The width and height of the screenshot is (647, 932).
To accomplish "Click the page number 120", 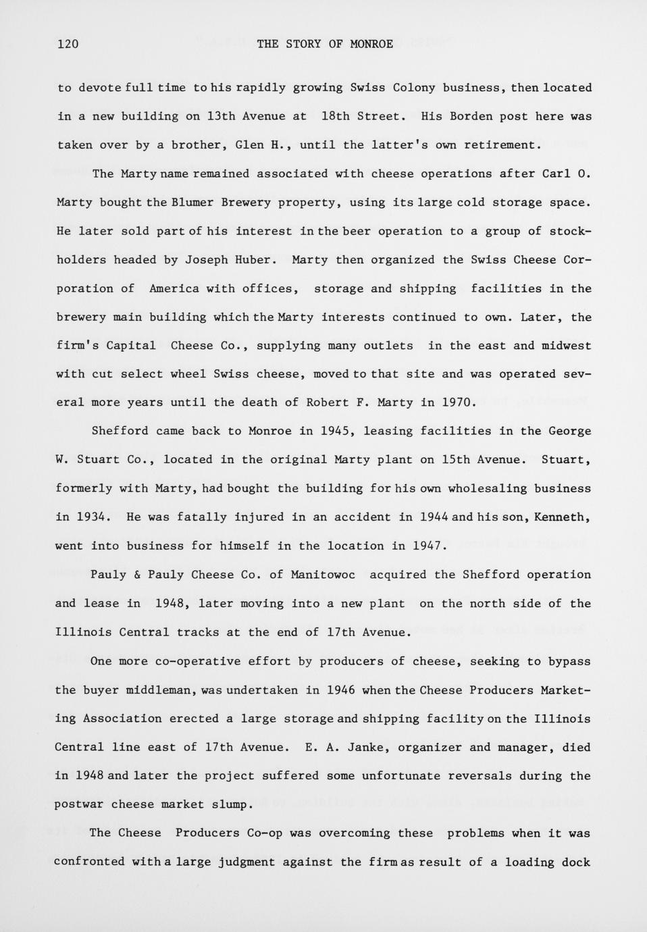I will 68,45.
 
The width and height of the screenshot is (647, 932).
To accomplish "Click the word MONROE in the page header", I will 371,45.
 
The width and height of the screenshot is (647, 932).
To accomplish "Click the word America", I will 174,288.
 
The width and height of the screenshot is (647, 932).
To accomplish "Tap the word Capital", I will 131,346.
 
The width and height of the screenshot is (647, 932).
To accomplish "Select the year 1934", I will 90,517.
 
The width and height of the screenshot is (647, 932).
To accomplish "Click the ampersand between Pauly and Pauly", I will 136,575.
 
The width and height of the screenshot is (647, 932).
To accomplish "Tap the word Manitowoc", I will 323,575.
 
